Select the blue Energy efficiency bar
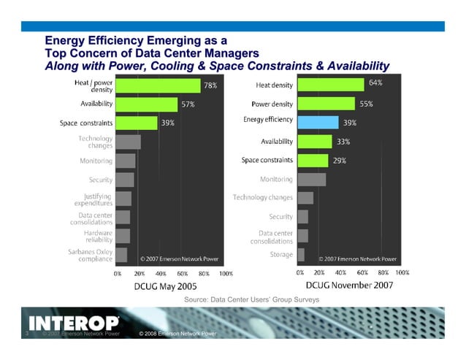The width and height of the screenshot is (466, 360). [317, 122]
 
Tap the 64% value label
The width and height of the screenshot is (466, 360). [375, 83]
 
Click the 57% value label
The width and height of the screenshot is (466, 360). [188, 104]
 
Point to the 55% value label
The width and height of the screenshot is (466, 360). [366, 104]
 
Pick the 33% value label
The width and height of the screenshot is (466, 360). [343, 142]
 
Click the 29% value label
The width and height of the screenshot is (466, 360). [340, 160]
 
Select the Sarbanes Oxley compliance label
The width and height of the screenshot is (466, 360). [87, 255]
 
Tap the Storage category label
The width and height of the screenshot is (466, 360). [281, 255]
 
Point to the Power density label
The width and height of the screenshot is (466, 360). [272, 104]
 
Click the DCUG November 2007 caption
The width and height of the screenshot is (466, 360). [349, 286]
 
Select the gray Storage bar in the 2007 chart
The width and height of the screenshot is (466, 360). [300, 254]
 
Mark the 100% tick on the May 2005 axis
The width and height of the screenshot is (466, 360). [226, 273]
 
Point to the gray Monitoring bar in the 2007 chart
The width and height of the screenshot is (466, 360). [311, 179]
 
